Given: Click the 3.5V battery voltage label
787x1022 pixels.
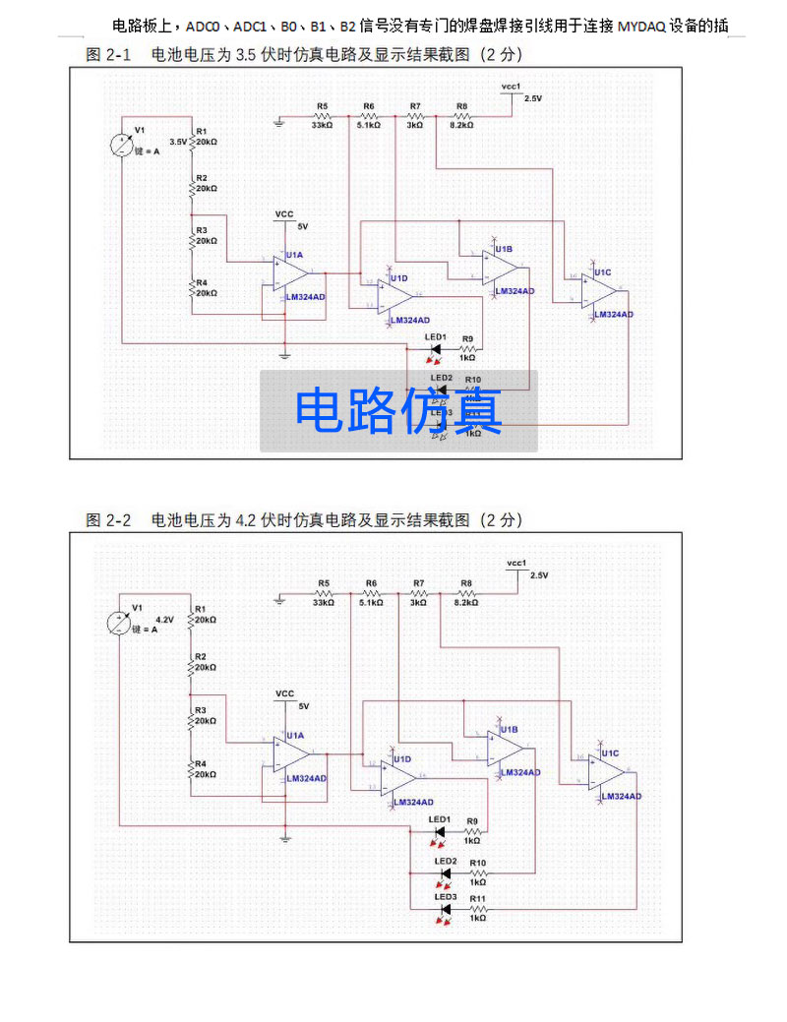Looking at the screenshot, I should (178, 142).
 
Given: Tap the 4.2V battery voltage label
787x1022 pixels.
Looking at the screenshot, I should (164, 621).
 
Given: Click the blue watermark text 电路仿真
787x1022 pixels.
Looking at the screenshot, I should (399, 411).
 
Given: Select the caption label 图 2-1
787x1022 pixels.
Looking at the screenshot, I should (108, 56).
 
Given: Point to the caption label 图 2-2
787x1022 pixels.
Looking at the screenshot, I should (108, 519).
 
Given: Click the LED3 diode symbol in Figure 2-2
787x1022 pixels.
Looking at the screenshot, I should (444, 910).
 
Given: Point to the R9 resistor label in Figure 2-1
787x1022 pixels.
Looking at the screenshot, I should (467, 338).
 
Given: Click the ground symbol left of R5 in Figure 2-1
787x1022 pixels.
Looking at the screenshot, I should (280, 121).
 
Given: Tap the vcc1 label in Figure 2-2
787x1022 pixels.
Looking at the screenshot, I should (516, 564).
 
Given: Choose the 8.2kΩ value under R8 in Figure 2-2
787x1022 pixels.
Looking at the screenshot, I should (465, 603).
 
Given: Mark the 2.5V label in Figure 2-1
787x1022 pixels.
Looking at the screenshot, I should (532, 98).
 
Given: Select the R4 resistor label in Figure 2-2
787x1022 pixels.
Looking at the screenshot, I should (200, 763).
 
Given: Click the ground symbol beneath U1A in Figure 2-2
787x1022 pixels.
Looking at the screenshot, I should (285, 838).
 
